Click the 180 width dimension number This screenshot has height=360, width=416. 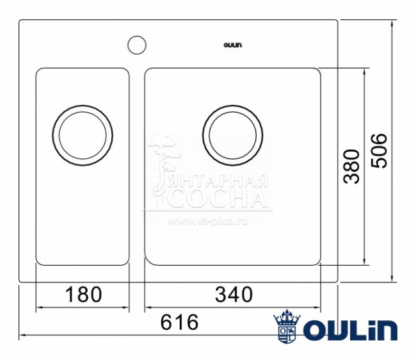(x=84, y=295)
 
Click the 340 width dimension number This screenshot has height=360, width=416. (x=234, y=295)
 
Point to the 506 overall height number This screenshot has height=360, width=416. (x=379, y=151)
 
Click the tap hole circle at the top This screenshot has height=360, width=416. (x=136, y=45)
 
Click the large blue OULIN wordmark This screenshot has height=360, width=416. (x=349, y=330)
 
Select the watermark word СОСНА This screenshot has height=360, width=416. (x=221, y=199)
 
